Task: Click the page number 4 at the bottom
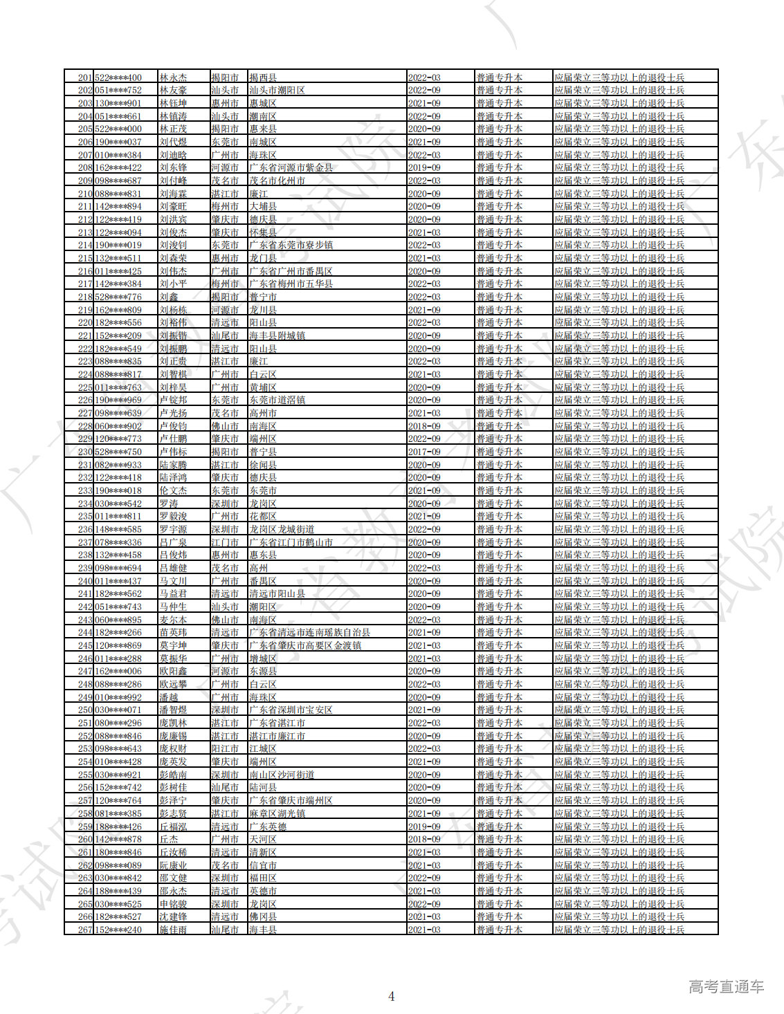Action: click(392, 996)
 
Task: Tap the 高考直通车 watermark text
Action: click(726, 987)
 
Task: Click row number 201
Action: click(85, 77)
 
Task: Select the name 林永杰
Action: click(173, 77)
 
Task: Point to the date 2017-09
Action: click(424, 452)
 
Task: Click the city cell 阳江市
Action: click(225, 748)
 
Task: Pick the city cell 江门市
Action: click(225, 542)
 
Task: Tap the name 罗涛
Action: click(169, 504)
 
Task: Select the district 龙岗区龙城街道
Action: click(282, 529)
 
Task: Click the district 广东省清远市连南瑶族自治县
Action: click(309, 632)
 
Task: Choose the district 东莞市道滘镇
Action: click(277, 400)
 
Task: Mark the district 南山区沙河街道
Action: click(282, 775)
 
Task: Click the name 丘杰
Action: click(169, 839)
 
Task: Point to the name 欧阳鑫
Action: click(173, 671)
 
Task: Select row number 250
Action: click(85, 710)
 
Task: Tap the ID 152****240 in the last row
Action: click(118, 930)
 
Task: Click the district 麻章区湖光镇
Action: click(277, 813)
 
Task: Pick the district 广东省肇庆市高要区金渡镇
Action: click(305, 645)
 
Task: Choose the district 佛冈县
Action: click(263, 916)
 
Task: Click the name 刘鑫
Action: click(169, 297)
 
